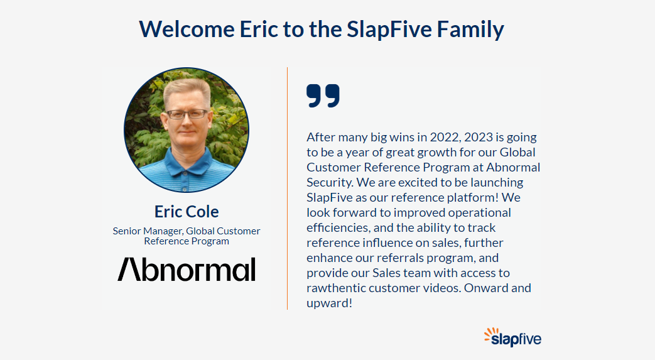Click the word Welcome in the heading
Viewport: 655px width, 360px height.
(x=187, y=30)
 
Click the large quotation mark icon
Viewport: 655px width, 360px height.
(x=323, y=95)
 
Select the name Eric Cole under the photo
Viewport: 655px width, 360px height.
(x=187, y=212)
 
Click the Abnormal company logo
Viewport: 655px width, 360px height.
(x=187, y=269)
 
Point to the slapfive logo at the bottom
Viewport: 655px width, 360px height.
(x=512, y=337)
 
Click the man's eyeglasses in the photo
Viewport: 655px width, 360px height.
(x=187, y=114)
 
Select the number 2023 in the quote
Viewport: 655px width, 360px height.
(x=479, y=137)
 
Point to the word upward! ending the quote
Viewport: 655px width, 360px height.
(x=329, y=303)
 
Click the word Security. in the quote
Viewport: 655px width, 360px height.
(x=330, y=183)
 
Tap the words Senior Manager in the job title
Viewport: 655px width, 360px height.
(x=148, y=231)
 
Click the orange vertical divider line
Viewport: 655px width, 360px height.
(x=288, y=188)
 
